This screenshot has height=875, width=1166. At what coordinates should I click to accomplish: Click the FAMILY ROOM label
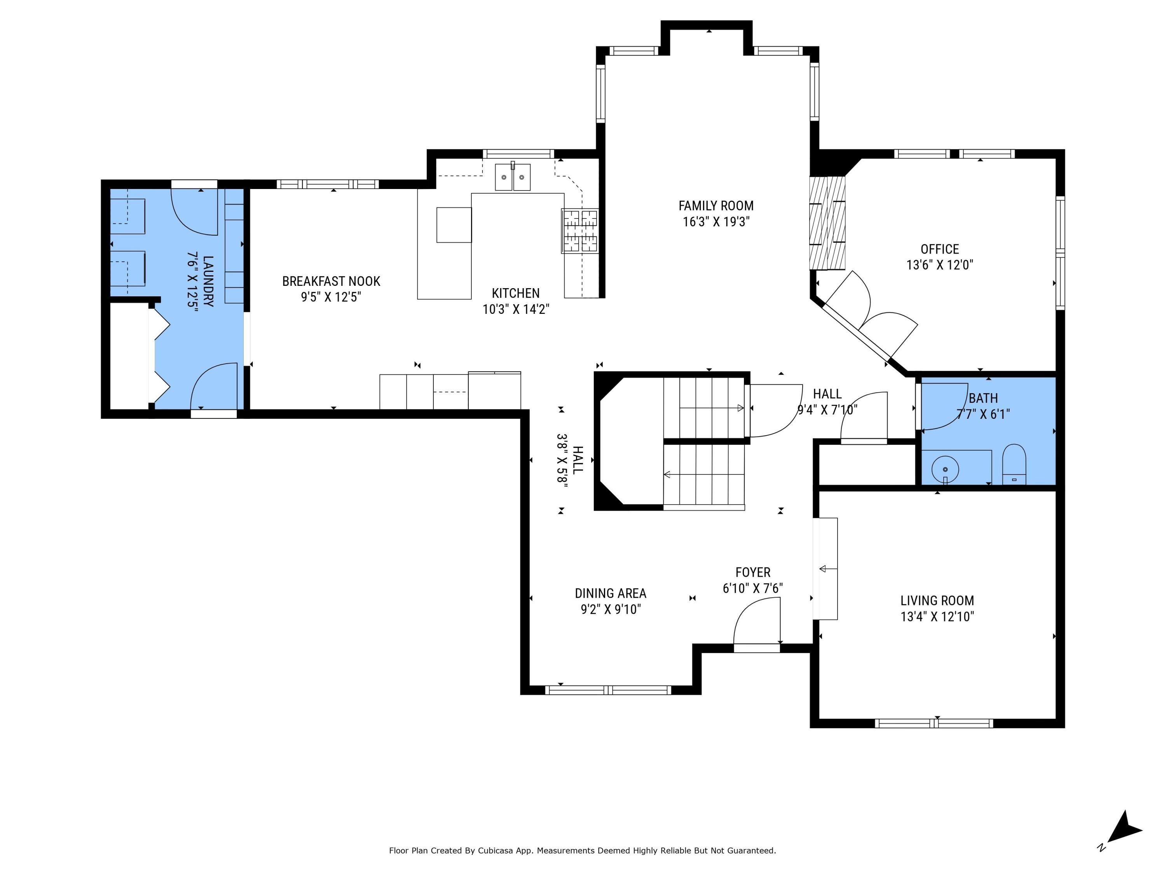click(x=716, y=206)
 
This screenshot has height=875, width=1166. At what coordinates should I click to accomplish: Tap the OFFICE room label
click(x=939, y=249)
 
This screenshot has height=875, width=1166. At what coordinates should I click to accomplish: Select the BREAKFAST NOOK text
click(x=331, y=281)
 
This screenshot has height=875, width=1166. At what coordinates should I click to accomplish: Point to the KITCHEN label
click(x=515, y=293)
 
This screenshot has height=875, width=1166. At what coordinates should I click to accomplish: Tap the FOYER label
click(x=753, y=572)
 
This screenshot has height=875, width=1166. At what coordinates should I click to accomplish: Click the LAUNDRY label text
click(x=208, y=281)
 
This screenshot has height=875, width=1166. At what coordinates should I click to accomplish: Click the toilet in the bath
click(x=1014, y=464)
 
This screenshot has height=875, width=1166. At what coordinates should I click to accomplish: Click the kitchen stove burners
click(x=580, y=231)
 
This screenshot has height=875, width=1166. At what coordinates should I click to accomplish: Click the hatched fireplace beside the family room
click(x=827, y=223)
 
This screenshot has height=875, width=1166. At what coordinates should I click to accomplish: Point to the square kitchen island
click(x=454, y=225)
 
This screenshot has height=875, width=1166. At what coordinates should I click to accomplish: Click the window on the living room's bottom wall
click(x=934, y=723)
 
